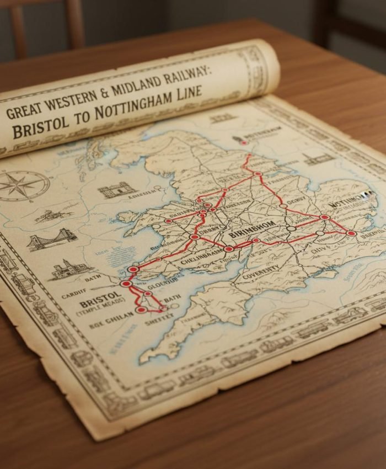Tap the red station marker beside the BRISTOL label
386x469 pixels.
coord(126,284)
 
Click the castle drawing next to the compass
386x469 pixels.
coord(117,190)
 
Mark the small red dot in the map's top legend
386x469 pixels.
coord(243,142)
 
